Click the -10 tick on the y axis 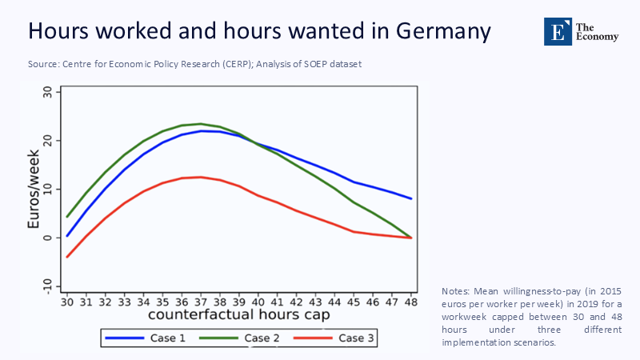(x=47, y=286)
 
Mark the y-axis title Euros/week (x=33, y=189)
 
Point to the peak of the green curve (x=200, y=124)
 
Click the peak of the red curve (x=200, y=177)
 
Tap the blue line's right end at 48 (x=411, y=198)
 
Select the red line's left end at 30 (x=68, y=257)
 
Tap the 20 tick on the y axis (x=47, y=141)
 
